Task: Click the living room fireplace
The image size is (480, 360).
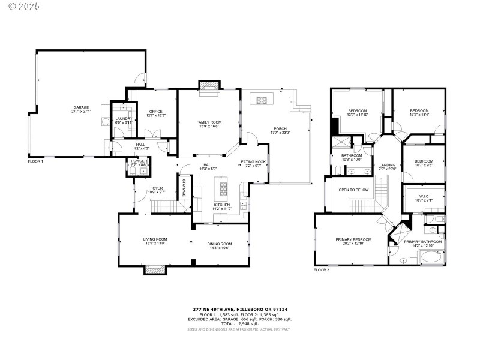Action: tap(154, 271)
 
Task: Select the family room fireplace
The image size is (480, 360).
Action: tap(209, 86)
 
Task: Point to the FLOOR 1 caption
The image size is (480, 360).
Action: tap(35, 161)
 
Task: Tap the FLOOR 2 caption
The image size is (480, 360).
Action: tap(322, 270)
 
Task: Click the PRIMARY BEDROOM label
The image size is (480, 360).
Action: tap(353, 241)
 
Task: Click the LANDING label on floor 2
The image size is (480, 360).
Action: tap(387, 166)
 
